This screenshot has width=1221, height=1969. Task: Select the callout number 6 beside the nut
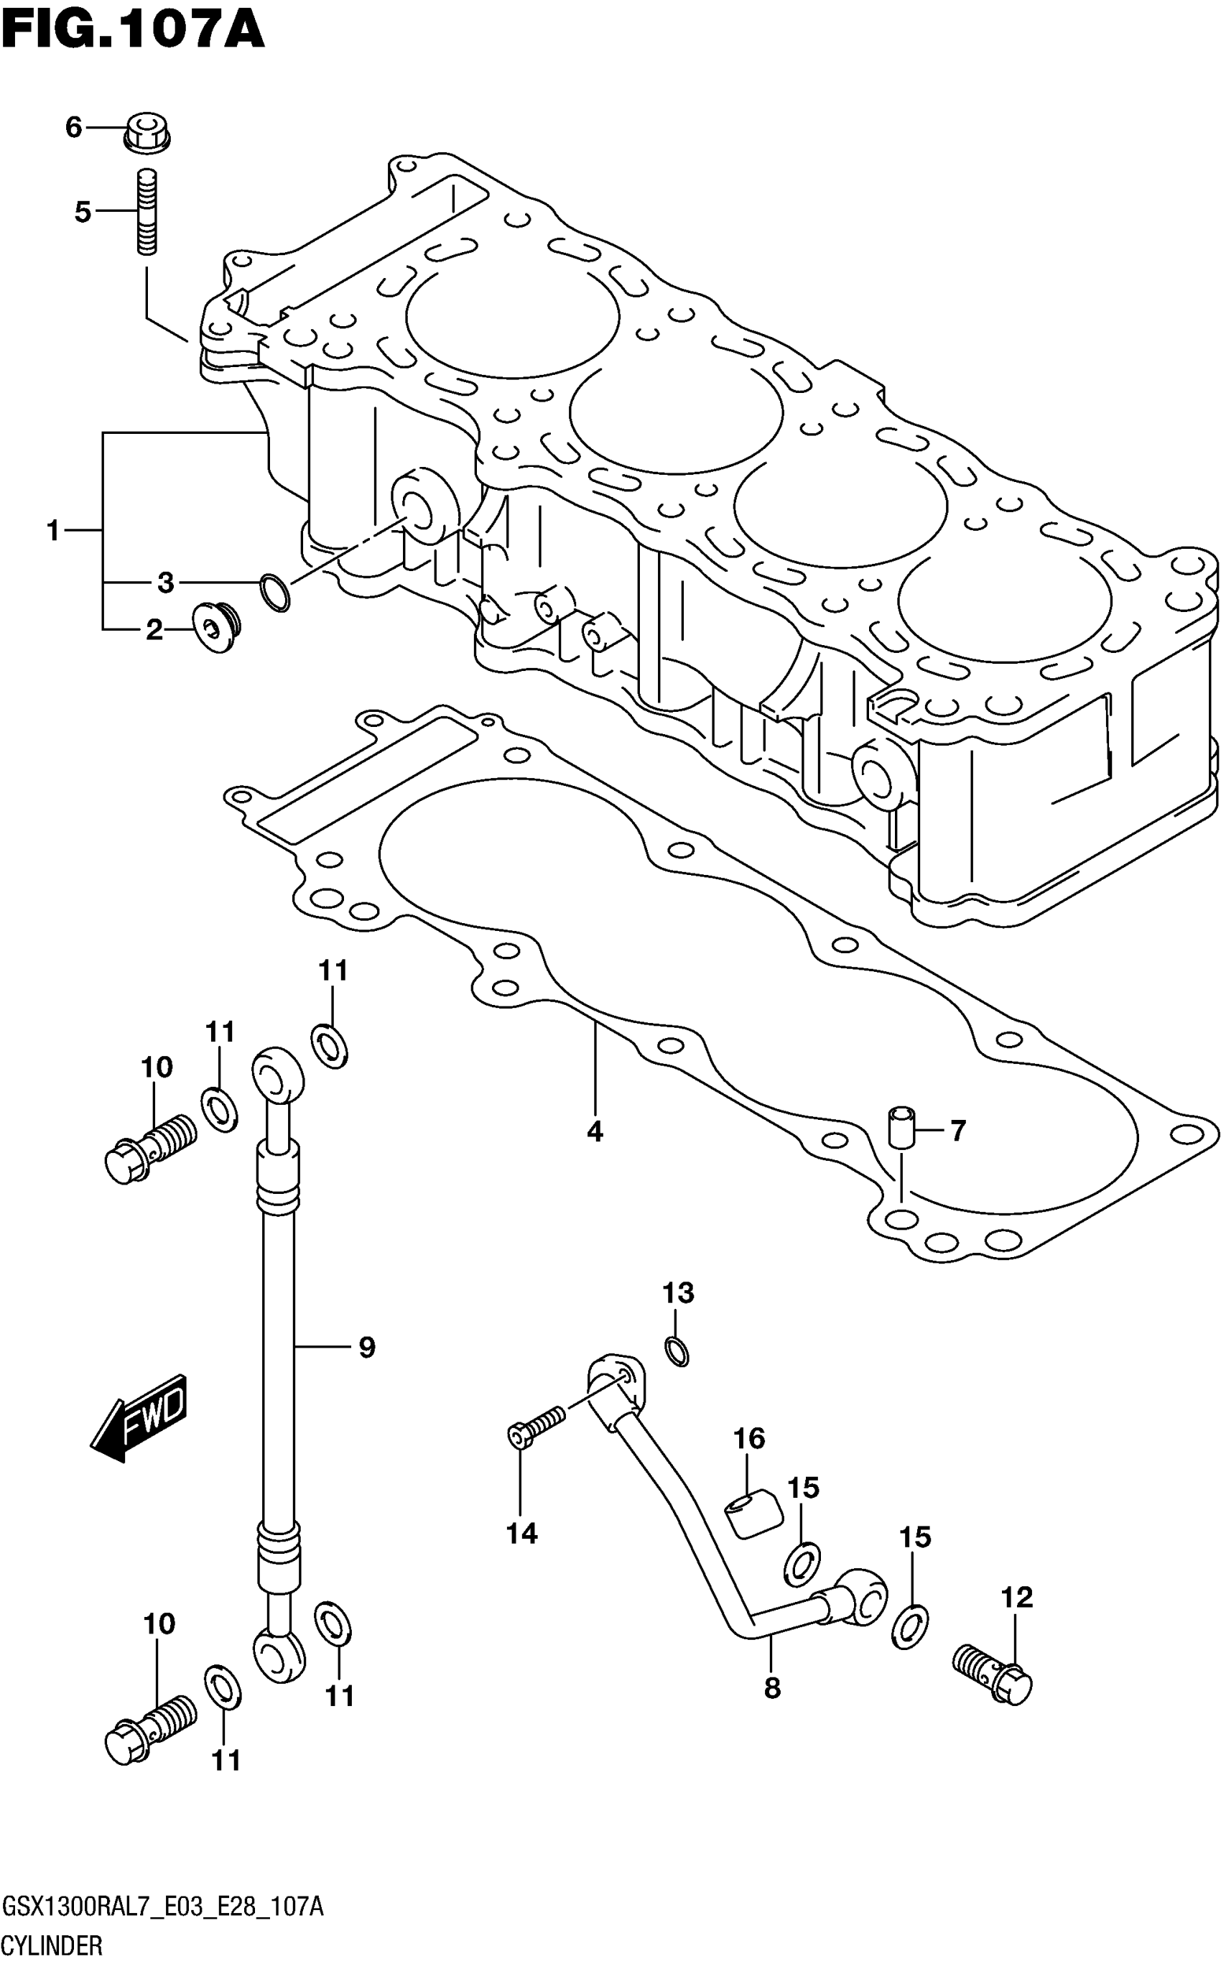pos(73,127)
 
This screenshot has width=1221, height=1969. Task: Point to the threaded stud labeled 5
pos(147,212)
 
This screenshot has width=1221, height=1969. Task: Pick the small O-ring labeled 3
pos(274,592)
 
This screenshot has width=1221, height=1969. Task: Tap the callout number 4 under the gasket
pos(595,1131)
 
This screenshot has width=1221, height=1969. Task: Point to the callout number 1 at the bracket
pos(53,531)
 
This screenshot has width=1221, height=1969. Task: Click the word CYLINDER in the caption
pos(52,1945)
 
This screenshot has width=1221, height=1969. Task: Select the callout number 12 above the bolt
pos(1017,1598)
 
